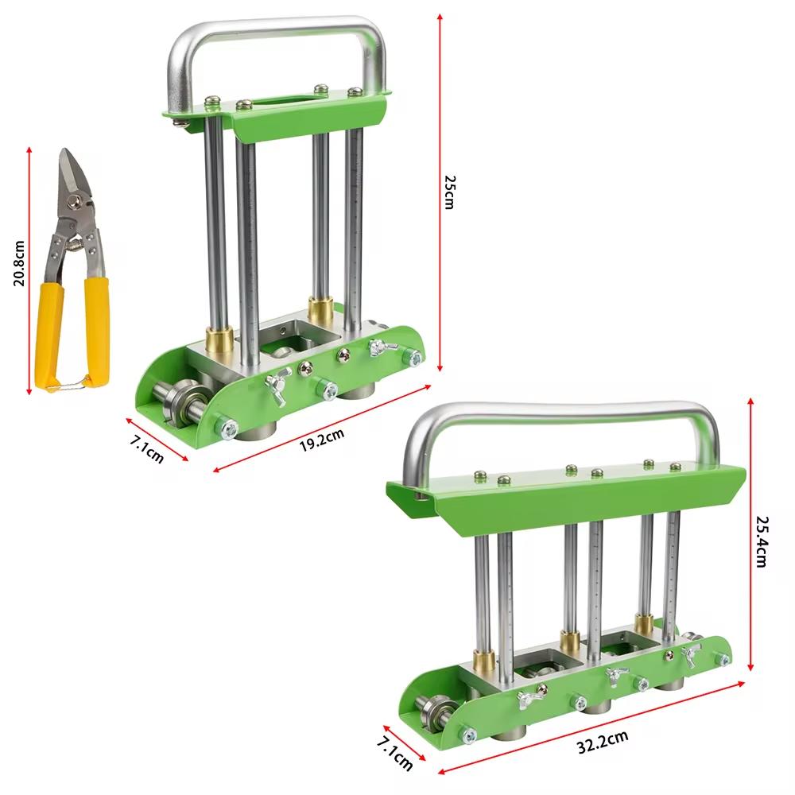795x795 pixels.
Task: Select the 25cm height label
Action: (x=449, y=192)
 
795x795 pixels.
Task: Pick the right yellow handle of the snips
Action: (x=97, y=330)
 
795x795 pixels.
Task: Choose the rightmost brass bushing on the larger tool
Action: (x=644, y=625)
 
